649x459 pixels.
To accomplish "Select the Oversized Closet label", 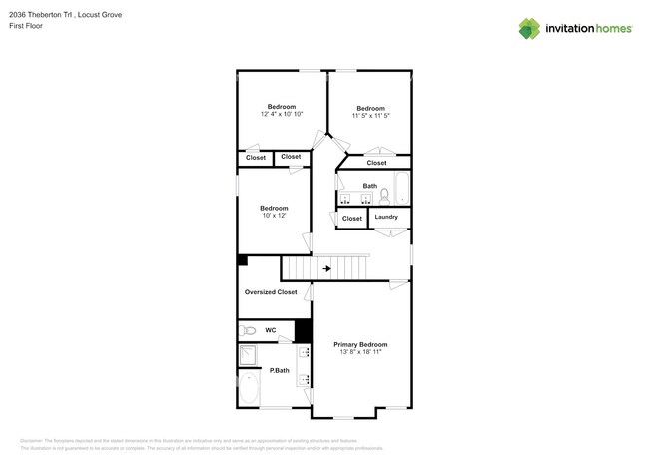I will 272,292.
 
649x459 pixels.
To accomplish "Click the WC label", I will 271,329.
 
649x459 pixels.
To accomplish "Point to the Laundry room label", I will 386,217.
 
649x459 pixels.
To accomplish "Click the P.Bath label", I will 280,371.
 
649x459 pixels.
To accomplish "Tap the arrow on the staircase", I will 326,268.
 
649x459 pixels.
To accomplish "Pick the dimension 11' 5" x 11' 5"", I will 370,116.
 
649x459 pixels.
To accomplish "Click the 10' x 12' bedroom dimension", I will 275,216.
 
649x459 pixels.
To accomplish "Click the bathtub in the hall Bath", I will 401,187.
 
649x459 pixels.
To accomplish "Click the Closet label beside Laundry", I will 352,218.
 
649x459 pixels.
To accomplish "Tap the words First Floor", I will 26,27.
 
